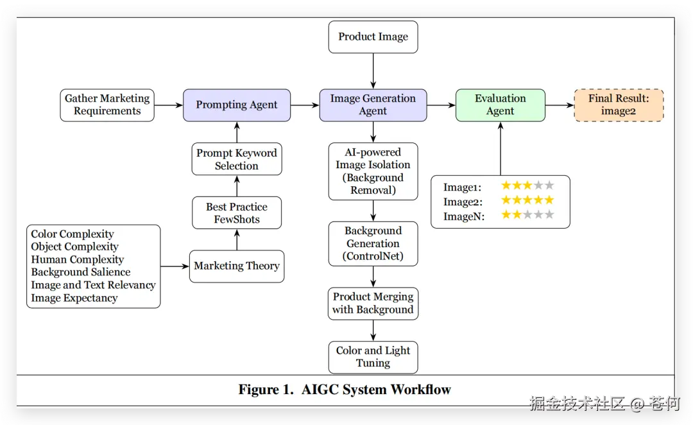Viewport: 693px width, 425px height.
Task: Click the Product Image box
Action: pyautogui.click(x=373, y=37)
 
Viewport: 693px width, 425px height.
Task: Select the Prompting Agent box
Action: pyautogui.click(x=237, y=105)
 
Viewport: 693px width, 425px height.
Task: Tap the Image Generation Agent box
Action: pyautogui.click(x=373, y=105)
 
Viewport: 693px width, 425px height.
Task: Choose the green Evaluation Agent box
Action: pyautogui.click(x=500, y=105)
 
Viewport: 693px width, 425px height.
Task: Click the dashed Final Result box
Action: pyautogui.click(x=619, y=105)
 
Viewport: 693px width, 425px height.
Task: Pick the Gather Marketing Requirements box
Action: pyautogui.click(x=107, y=105)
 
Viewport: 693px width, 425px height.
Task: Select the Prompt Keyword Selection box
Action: pyautogui.click(x=237, y=159)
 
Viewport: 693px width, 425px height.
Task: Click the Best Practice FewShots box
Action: pyautogui.click(x=237, y=213)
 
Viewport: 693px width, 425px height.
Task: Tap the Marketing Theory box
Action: pyautogui.click(x=237, y=266)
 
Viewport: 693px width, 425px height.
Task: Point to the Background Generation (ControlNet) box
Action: pyautogui.click(x=373, y=244)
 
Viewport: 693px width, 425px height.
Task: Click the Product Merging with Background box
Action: pyautogui.click(x=373, y=304)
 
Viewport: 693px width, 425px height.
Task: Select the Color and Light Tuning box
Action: pyautogui.click(x=373, y=357)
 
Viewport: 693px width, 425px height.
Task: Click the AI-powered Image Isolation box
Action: pyautogui.click(x=373, y=171)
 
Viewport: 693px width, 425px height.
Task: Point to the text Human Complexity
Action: pyautogui.click(x=78, y=260)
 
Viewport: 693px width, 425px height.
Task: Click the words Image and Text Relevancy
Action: pyautogui.click(x=94, y=286)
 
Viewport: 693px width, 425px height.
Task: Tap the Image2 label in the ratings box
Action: pyautogui.click(x=463, y=201)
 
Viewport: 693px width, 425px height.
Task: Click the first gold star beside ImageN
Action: pyautogui.click(x=506, y=215)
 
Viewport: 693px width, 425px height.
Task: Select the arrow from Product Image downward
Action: pyautogui.click(x=373, y=71)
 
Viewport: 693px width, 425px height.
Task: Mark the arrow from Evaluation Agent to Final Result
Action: pyautogui.click(x=559, y=105)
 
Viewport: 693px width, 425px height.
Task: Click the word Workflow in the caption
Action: pyautogui.click(x=421, y=390)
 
